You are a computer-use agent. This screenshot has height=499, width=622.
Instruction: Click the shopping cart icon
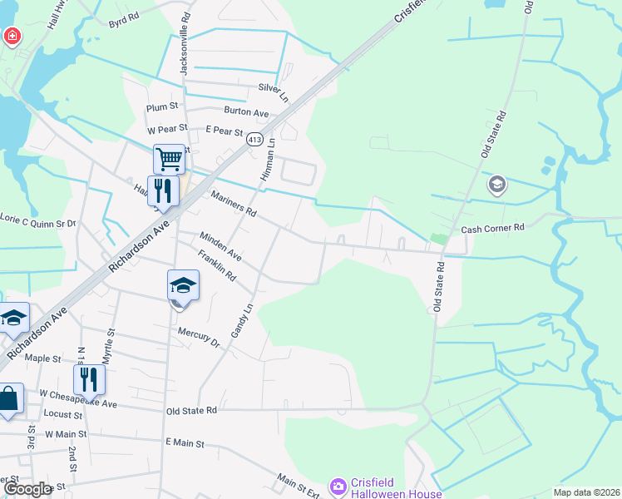coord(168,158)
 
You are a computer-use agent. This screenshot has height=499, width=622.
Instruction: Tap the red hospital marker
coord(12,36)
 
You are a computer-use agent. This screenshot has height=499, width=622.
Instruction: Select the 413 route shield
coord(254,140)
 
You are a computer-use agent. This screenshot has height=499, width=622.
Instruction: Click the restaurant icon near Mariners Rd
coord(163,190)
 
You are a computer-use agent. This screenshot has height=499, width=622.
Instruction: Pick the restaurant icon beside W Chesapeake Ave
coord(88,379)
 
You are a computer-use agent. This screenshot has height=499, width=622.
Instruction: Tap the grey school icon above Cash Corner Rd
coord(497,185)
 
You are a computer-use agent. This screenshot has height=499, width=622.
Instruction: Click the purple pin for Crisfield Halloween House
coord(338,486)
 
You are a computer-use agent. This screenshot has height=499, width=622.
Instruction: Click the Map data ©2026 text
coord(585,492)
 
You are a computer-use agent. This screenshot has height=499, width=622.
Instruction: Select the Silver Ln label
coord(274,87)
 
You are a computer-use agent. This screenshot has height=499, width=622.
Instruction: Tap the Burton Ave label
coord(246,112)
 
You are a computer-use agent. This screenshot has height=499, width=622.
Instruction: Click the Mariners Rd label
coord(234,204)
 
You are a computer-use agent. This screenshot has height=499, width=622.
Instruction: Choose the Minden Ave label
coord(220,245)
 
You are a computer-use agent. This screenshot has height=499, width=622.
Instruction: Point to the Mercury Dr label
coord(198,336)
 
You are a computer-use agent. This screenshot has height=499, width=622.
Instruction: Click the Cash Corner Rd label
coord(494,227)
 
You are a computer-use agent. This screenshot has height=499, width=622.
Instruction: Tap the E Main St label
coord(185,444)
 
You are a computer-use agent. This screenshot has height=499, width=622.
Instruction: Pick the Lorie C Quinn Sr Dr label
coord(37,222)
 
